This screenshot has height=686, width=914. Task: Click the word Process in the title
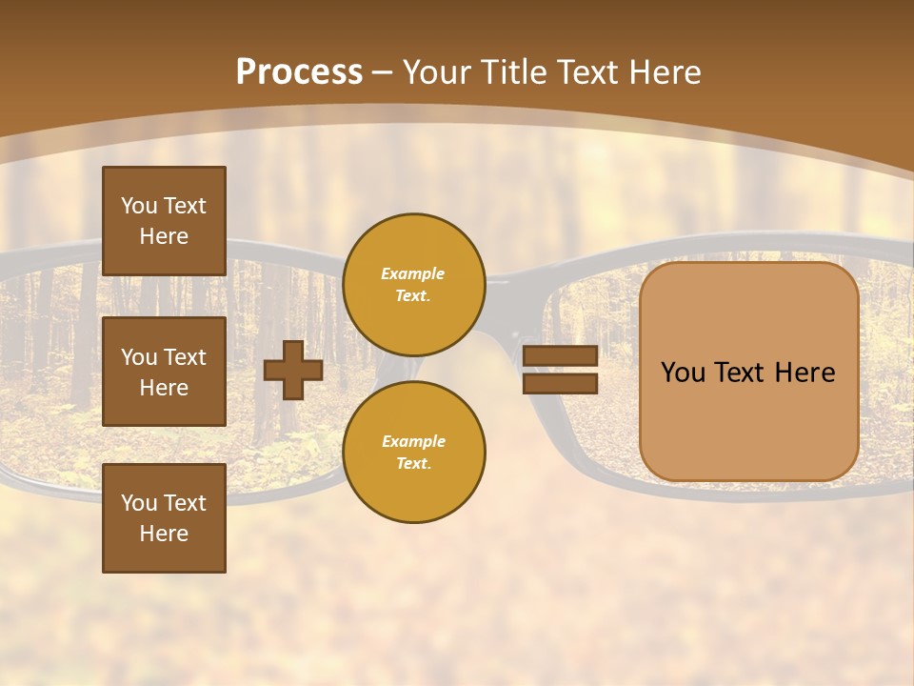point(299,72)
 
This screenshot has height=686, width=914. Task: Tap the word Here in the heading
point(662,72)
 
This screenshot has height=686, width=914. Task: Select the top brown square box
point(164,221)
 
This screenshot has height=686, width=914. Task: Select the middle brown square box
point(164,372)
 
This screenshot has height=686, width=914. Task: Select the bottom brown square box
point(164,518)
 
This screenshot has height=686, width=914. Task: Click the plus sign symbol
point(293,370)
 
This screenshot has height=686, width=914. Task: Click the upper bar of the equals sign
point(560,356)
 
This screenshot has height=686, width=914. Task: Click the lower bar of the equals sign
point(560,383)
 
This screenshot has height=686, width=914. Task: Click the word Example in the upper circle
point(412,273)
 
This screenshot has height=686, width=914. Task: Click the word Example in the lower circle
point(413,441)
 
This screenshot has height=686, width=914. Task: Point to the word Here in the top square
point(164,236)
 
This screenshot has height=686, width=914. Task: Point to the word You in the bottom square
point(139,503)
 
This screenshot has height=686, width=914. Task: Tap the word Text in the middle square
point(184,357)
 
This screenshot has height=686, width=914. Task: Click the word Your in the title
point(437,72)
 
